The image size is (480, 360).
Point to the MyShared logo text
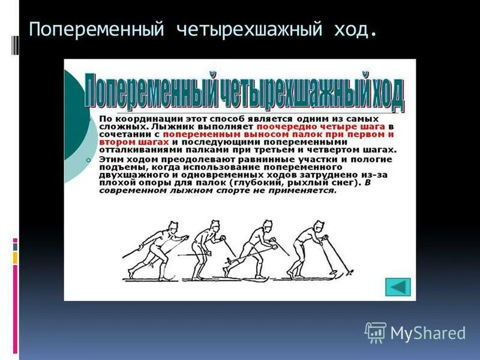click(x=428, y=332)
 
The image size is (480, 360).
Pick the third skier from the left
click(x=255, y=249)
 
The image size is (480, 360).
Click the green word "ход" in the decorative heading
click(x=386, y=93)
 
